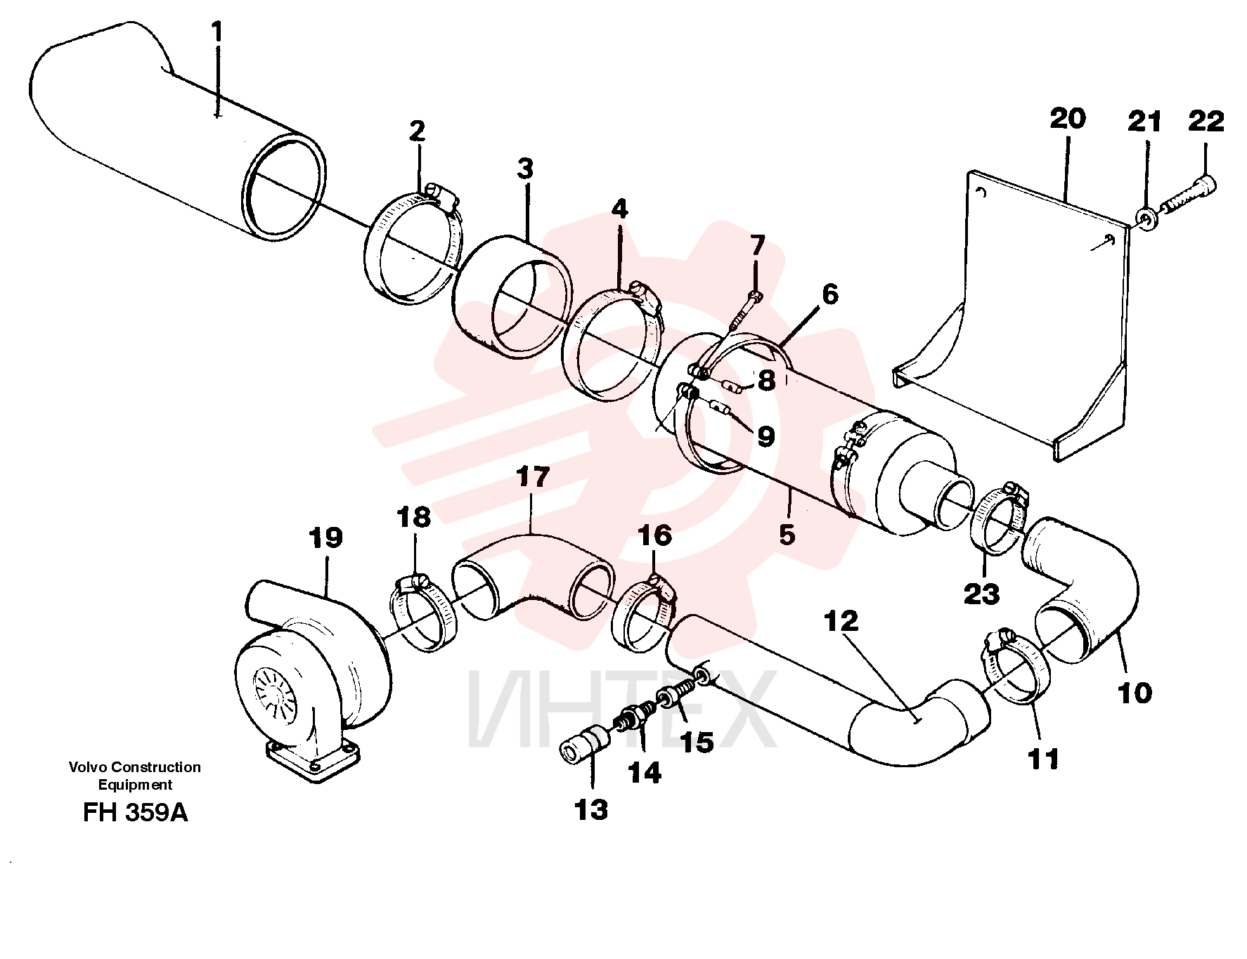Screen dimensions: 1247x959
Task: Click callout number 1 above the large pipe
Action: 217,32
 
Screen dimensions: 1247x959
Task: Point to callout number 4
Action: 619,209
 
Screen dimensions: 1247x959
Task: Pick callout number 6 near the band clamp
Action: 830,294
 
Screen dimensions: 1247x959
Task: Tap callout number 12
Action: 841,621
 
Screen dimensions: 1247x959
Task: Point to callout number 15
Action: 697,742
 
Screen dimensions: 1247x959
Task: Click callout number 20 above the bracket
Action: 1068,118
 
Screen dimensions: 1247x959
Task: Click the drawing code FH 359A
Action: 136,812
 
